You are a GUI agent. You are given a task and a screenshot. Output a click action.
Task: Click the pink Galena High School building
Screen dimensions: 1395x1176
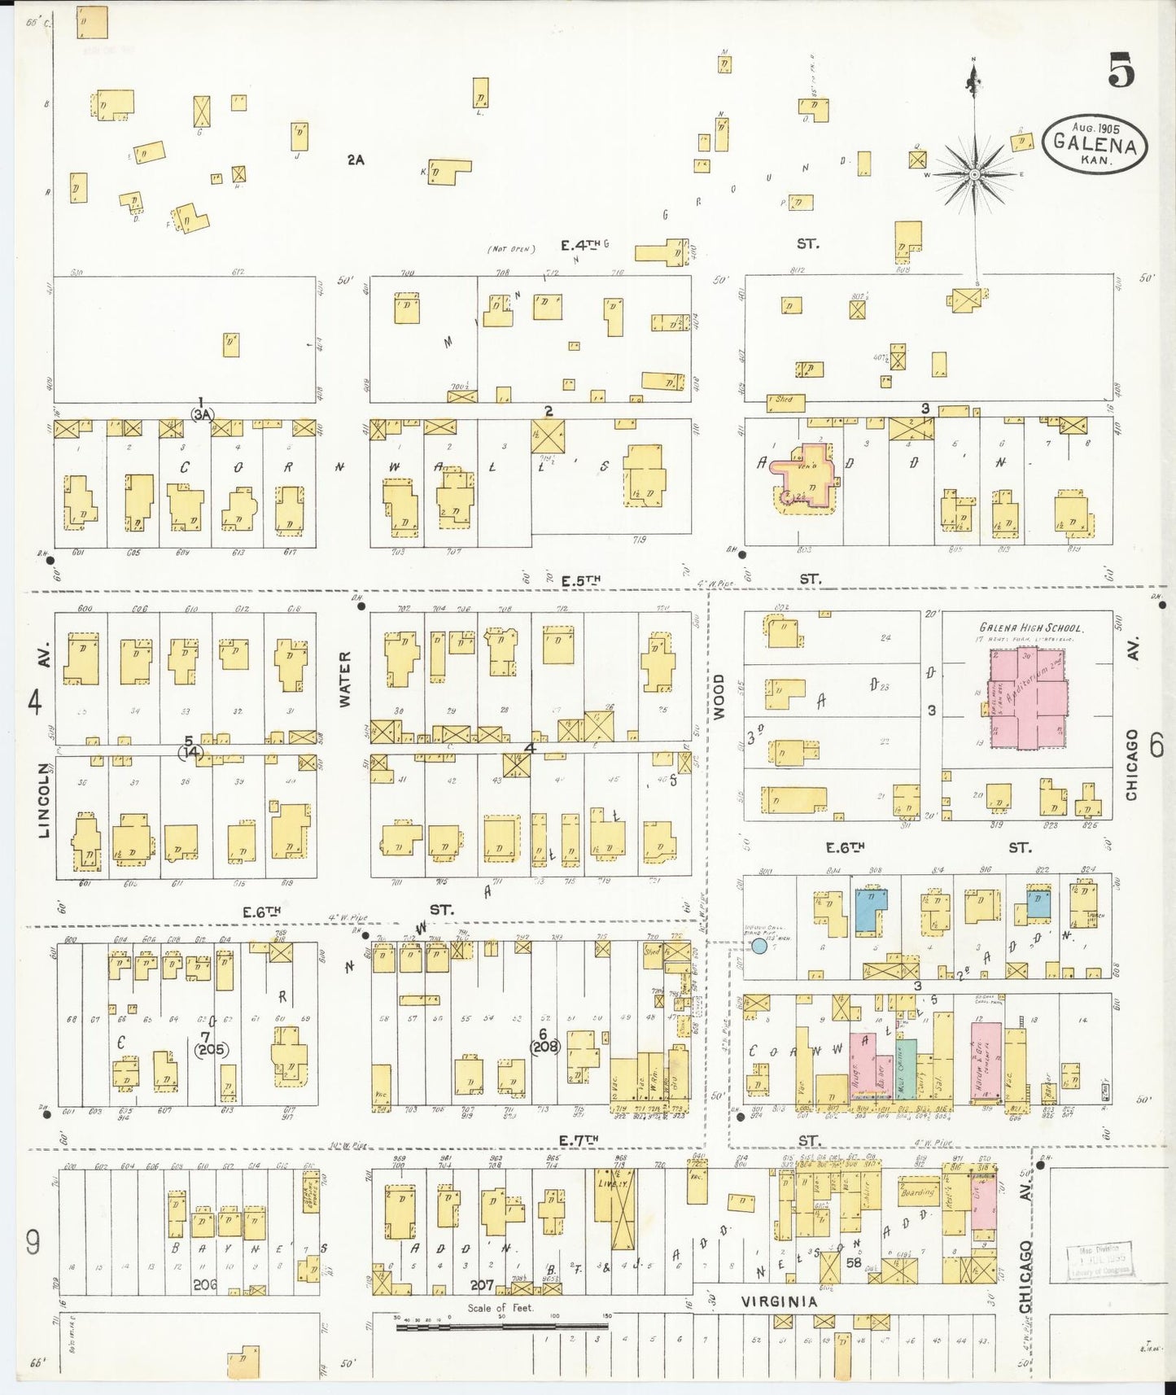(1028, 699)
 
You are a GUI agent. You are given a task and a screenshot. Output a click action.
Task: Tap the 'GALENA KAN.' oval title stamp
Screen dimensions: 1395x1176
(1095, 143)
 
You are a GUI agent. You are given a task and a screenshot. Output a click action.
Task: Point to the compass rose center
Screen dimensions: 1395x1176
(973, 175)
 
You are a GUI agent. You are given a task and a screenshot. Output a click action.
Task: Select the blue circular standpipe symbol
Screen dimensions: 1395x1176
(759, 946)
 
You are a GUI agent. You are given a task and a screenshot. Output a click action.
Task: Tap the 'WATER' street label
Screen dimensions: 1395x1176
(344, 678)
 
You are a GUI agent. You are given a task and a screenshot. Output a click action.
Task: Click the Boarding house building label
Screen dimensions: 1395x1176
(918, 1192)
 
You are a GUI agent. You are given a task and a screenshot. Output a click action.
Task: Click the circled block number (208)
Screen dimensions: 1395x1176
(544, 1047)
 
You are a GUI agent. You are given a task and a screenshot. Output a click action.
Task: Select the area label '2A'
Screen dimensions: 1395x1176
(355, 160)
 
